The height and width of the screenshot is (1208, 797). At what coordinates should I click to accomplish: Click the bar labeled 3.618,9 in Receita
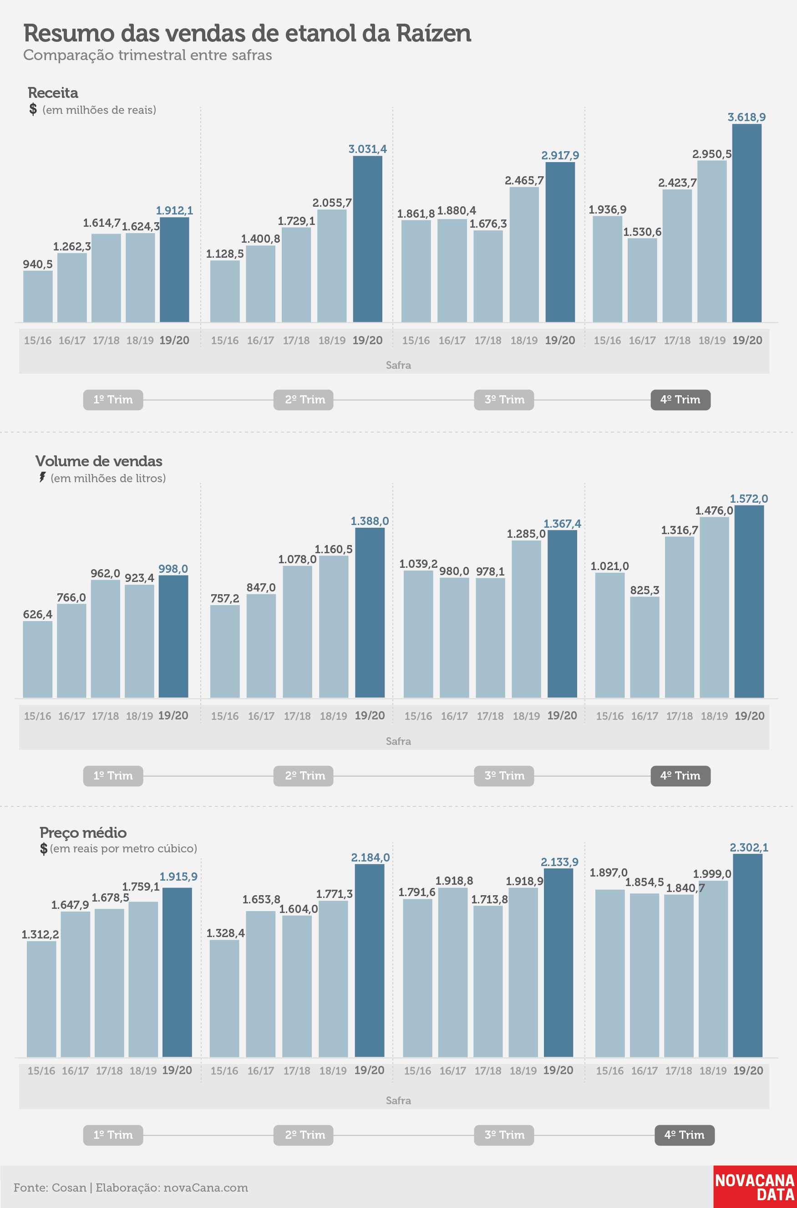pyautogui.click(x=746, y=223)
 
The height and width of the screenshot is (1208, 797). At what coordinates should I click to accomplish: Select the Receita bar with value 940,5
pyautogui.click(x=38, y=296)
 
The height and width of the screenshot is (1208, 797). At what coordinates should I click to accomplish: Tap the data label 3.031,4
pyautogui.click(x=367, y=149)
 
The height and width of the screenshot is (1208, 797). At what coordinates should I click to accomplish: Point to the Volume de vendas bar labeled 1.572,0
pyautogui.click(x=749, y=601)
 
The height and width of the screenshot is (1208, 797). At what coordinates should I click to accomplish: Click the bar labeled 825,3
pyautogui.click(x=645, y=647)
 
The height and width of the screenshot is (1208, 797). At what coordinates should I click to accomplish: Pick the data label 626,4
pyautogui.click(x=38, y=614)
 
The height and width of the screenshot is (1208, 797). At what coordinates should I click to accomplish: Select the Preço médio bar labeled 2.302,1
pyautogui.click(x=748, y=955)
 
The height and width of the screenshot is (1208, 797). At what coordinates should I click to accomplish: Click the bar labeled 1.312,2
pyautogui.click(x=42, y=999)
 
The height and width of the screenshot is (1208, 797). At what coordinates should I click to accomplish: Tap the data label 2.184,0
pyautogui.click(x=371, y=858)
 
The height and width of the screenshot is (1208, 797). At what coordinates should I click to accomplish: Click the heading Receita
pyautogui.click(x=53, y=92)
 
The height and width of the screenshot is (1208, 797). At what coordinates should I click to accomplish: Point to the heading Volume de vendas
pyautogui.click(x=99, y=461)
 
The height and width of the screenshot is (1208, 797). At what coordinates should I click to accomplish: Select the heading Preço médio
pyautogui.click(x=83, y=833)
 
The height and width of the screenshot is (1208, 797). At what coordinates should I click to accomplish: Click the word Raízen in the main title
pyautogui.click(x=434, y=34)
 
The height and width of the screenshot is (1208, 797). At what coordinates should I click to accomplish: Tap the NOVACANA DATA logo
pyautogui.click(x=755, y=1187)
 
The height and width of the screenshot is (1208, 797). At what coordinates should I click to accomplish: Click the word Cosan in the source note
pyautogui.click(x=69, y=1188)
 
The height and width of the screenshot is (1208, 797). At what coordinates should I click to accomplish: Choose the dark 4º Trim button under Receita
pyautogui.click(x=680, y=400)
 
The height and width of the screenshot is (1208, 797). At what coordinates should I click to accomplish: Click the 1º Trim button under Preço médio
pyautogui.click(x=113, y=1135)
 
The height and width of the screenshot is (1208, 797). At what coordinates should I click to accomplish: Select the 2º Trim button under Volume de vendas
pyautogui.click(x=304, y=776)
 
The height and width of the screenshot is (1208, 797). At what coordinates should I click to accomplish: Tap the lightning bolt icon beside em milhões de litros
pyautogui.click(x=43, y=477)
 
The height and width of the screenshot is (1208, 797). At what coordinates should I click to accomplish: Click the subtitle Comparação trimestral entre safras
pyautogui.click(x=147, y=55)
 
